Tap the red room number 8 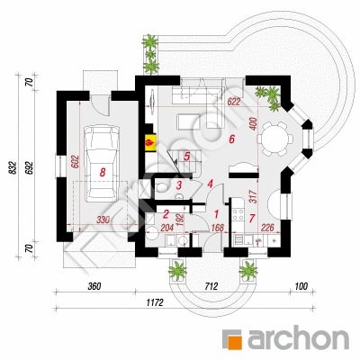coord(103,172)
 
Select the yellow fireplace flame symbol coord(149,142)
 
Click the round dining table coord(275,139)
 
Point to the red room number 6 coord(231,139)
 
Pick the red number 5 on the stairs coord(186,157)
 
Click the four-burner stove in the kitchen coord(238,215)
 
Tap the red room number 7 coord(252,218)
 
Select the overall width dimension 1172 coord(155,303)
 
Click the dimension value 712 coord(211,286)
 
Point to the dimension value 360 coord(94,286)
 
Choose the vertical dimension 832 coord(13,167)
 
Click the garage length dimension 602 coord(75,161)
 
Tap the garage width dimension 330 coord(103,220)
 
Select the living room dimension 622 coord(234,102)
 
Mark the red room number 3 coord(179,185)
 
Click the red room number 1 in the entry coord(216,214)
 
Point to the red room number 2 coord(166,213)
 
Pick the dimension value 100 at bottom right coord(301,286)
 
